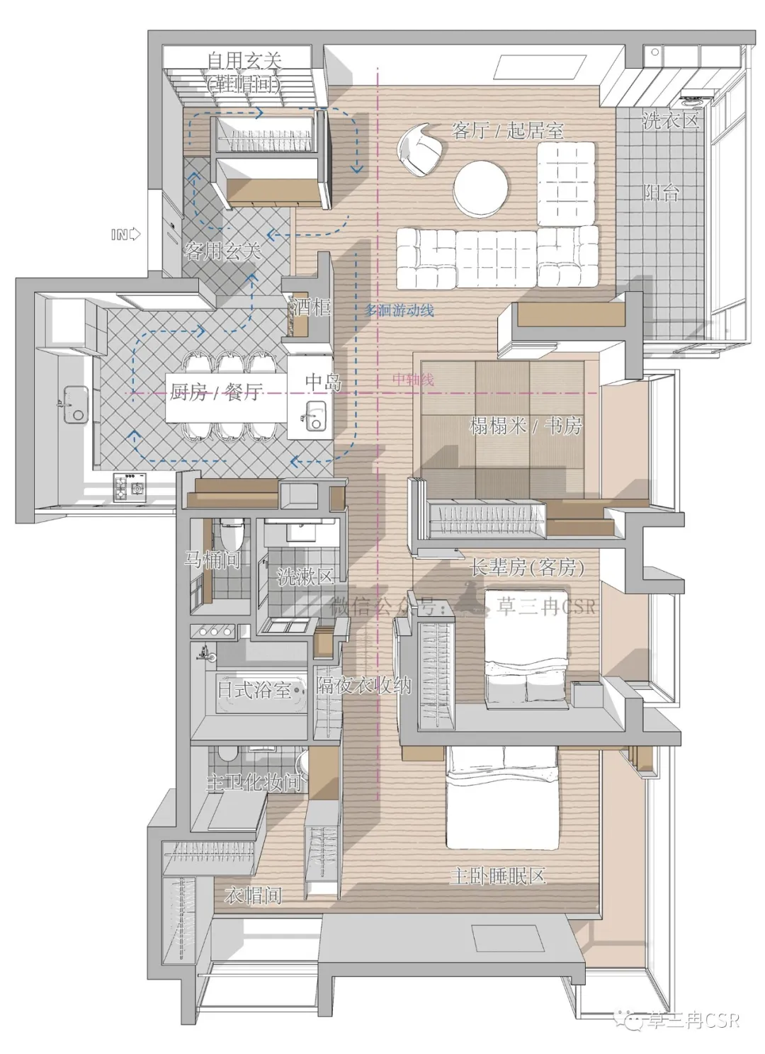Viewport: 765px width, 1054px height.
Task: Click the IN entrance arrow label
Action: (125, 234)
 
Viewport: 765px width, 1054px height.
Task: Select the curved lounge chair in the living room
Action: (420, 149)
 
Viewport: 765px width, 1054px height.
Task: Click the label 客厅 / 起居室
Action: (507, 130)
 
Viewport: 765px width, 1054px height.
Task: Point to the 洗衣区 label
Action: (670, 121)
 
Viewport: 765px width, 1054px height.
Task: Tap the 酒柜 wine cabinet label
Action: (311, 307)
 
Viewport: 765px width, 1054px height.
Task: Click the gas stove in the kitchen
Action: (130, 487)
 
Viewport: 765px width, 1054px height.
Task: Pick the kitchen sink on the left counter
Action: (75, 404)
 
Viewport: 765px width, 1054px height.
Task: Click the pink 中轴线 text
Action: (413, 379)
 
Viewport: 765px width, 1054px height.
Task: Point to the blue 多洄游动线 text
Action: (399, 310)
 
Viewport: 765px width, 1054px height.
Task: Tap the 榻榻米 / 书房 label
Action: (526, 426)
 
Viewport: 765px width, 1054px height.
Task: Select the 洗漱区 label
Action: (305, 577)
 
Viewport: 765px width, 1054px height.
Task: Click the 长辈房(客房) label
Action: (527, 567)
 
